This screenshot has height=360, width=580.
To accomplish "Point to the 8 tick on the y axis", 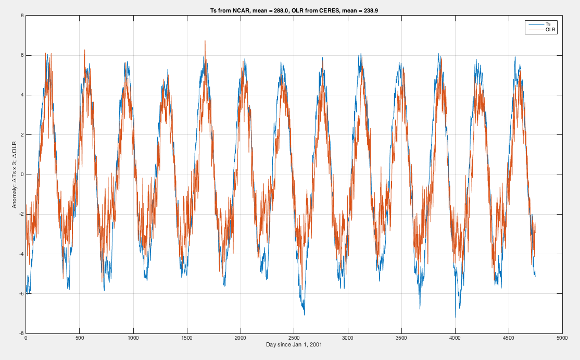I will [x=22, y=16].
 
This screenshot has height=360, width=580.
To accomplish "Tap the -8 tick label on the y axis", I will [x=21, y=333].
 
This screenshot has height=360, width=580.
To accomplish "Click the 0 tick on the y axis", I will [x=22, y=175].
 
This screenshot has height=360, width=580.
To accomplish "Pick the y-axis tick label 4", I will [x=22, y=95].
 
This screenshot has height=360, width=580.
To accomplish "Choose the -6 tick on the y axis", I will [x=21, y=294].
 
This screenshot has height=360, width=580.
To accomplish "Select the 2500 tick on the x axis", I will [x=294, y=338].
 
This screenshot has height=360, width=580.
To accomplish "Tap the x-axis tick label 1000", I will [x=133, y=338].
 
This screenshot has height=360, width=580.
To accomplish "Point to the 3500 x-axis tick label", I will [x=401, y=338].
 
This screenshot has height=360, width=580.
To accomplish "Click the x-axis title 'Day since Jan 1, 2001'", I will [x=294, y=345].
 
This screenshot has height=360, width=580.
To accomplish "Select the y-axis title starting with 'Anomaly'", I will [x=15, y=175].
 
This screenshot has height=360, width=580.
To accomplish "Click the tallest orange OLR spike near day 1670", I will [x=205, y=41].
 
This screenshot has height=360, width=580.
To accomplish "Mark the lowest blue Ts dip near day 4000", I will [x=456, y=317].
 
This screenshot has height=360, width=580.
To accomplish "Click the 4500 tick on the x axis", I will [x=509, y=338].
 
